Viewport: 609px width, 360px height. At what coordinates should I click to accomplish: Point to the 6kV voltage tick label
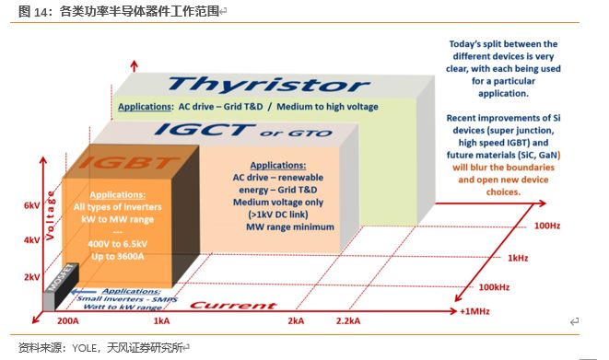click(x=31, y=205)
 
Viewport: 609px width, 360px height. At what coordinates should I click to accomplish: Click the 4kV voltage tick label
click(x=31, y=240)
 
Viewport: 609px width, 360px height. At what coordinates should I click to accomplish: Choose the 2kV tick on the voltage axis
click(x=31, y=275)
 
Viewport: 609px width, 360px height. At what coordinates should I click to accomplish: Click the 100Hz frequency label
click(x=545, y=224)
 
